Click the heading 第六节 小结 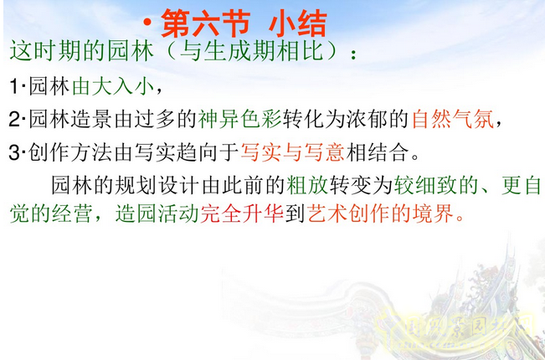pos(242,23)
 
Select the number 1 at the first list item pos(14,86)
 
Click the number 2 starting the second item pos(14,119)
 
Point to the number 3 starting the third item pos(14,152)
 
